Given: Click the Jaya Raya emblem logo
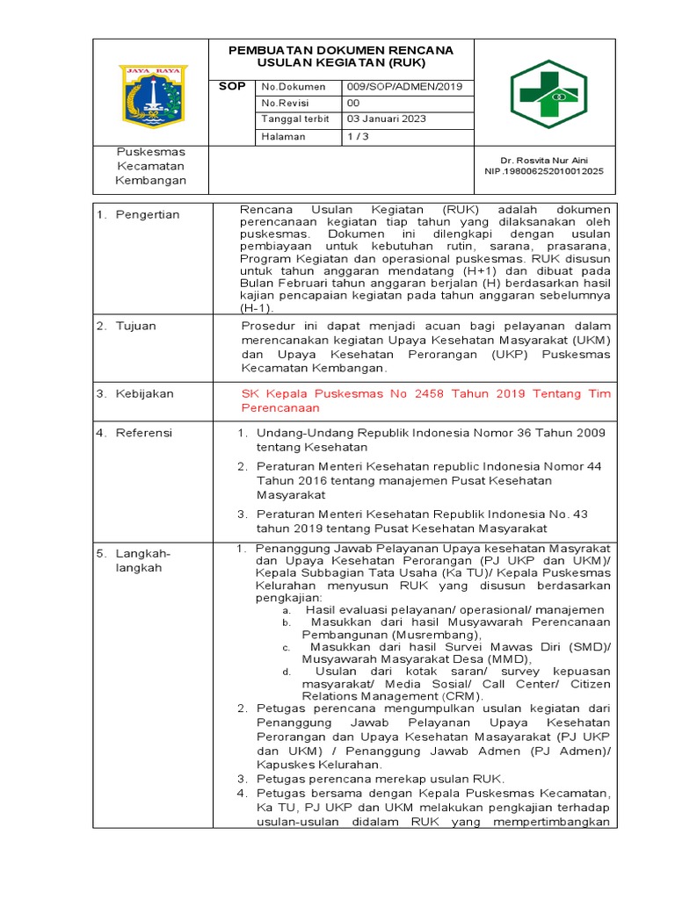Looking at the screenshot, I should click(152, 94).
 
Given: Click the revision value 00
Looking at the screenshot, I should click(354, 104).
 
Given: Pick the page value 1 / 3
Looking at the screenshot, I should click(358, 136).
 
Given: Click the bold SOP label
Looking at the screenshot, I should click(232, 87).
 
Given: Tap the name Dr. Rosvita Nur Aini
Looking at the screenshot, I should click(544, 161).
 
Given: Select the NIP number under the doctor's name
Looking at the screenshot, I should click(544, 172).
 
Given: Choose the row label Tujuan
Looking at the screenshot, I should click(136, 326).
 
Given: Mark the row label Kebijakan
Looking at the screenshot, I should click(145, 394).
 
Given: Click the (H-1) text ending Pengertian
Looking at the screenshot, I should click(257, 309).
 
